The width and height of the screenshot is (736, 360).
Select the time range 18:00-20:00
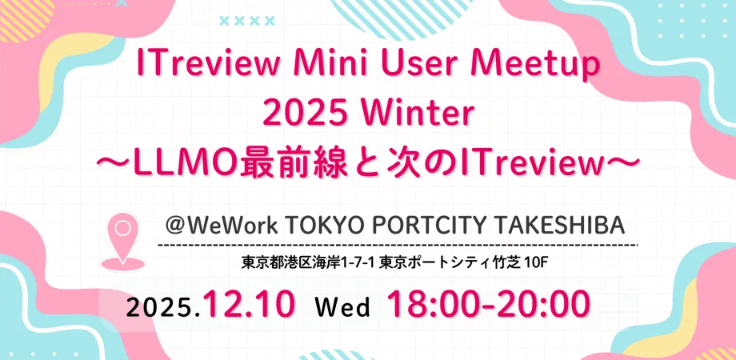[488, 305]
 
